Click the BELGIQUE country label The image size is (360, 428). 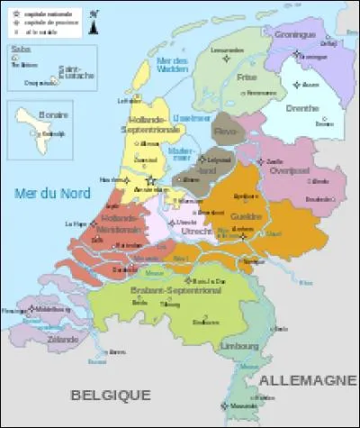(112, 395)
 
